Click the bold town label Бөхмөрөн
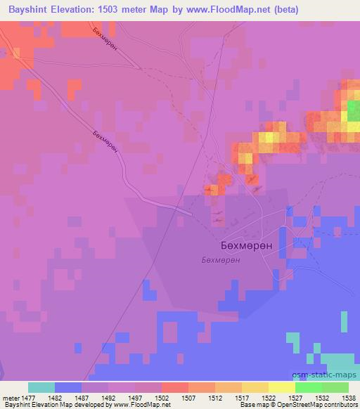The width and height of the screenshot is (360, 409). [x=242, y=247]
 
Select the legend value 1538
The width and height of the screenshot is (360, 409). [x=347, y=398]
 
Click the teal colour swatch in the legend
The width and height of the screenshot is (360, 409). [x=41, y=387]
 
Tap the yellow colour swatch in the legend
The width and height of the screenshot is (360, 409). [x=281, y=387]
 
